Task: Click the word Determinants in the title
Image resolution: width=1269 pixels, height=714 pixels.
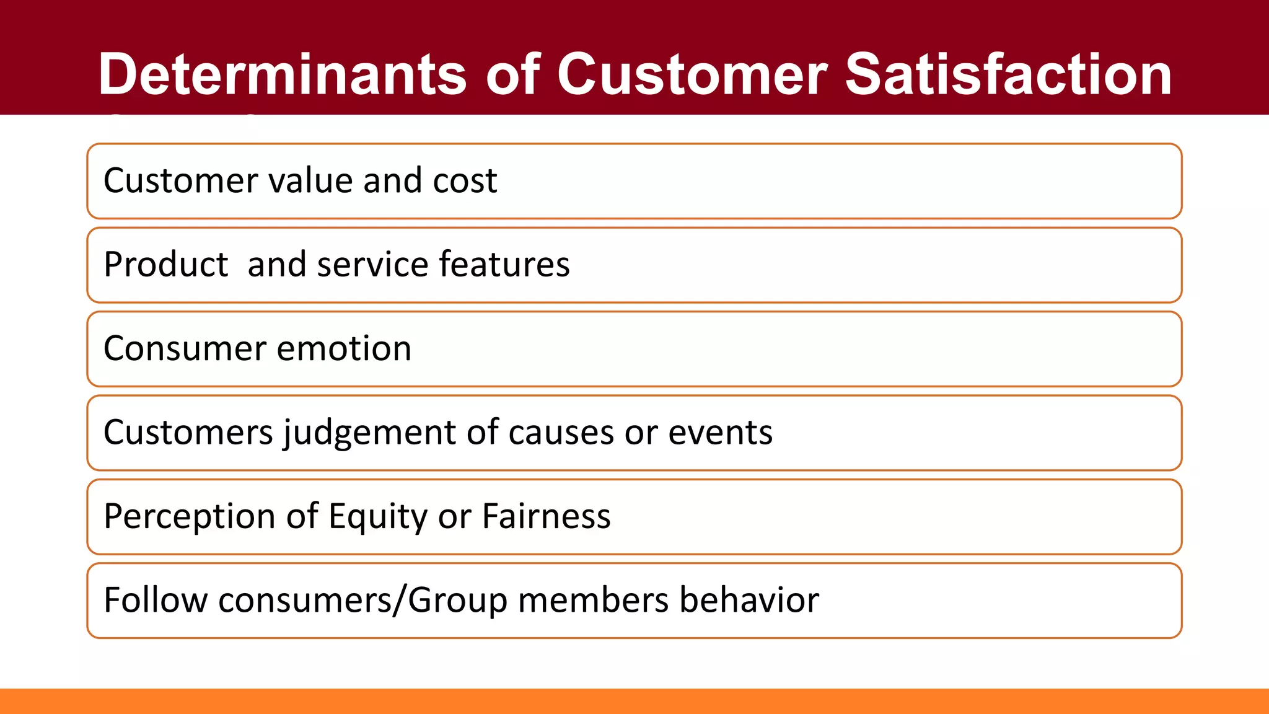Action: [x=282, y=74]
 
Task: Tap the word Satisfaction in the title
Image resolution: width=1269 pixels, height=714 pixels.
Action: [x=1008, y=74]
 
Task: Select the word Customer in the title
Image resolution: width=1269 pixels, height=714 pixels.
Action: [x=692, y=74]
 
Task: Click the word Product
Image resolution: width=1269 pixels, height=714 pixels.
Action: [x=166, y=265]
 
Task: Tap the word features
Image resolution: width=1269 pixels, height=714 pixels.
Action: [x=504, y=265]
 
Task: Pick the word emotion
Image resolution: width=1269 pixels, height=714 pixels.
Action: [x=344, y=349]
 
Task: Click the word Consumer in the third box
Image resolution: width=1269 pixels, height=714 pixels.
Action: [x=184, y=349]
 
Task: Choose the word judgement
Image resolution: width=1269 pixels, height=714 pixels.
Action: [x=370, y=433]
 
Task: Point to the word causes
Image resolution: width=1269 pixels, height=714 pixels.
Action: [x=561, y=433]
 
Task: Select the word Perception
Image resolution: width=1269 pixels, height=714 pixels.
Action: [x=189, y=516]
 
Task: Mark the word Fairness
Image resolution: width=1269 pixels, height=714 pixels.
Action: [x=546, y=516]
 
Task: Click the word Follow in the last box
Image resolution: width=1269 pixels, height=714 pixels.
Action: [x=156, y=600]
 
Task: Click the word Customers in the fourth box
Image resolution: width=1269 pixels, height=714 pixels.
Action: [x=188, y=433]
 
